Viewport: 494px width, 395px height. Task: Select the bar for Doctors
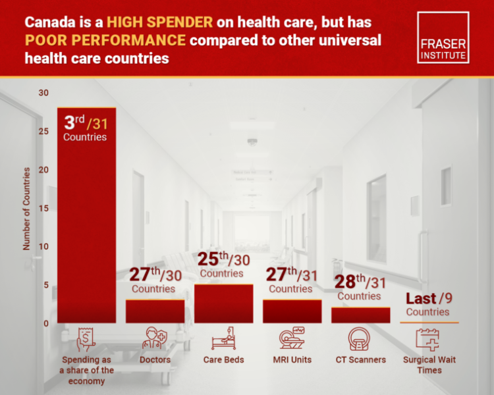coord(155,311)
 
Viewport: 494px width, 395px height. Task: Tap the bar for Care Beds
coord(223,303)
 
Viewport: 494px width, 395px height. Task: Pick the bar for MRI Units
coord(292,311)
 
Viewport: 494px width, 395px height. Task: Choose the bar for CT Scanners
coord(360,315)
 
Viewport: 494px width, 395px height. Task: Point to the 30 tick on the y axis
coord(43,93)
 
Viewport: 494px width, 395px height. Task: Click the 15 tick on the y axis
coord(43,208)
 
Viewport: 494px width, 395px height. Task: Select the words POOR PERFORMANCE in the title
coord(105,40)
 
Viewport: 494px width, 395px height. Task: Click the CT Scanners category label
coord(360,359)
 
